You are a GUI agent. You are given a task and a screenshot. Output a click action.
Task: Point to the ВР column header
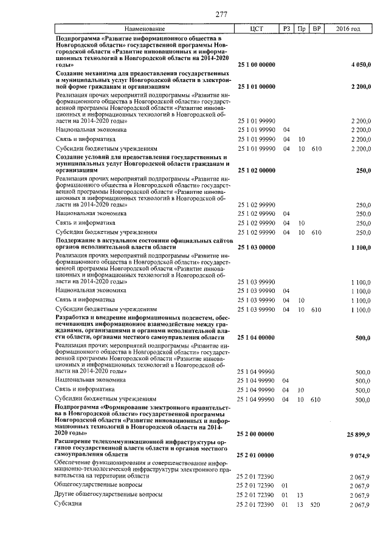point(315,29)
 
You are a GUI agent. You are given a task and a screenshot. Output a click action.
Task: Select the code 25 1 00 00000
point(256,64)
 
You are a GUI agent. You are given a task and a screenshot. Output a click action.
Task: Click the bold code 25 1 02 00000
point(256,171)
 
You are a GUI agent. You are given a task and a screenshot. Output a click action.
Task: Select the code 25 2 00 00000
point(256,434)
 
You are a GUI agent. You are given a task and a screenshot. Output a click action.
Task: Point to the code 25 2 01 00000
point(256,455)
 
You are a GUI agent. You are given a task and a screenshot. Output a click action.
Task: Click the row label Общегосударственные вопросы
point(98,485)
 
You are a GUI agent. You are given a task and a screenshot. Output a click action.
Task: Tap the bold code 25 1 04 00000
point(256,337)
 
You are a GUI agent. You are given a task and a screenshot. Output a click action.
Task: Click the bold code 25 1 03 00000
point(256,247)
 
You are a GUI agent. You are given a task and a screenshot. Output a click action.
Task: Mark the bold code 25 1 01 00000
point(256,87)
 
